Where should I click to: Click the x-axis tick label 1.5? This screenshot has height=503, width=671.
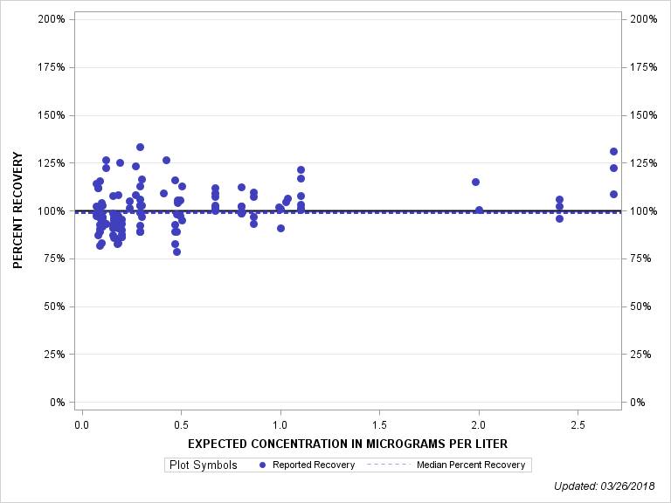[x=379, y=425]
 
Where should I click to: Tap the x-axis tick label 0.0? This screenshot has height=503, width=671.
[x=81, y=425]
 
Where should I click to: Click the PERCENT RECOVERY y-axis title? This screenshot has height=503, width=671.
[x=18, y=210]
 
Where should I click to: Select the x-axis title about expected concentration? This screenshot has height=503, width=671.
[x=348, y=444]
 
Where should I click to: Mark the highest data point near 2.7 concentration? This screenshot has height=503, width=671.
[x=613, y=151]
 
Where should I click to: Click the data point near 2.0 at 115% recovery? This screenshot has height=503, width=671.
[x=475, y=182]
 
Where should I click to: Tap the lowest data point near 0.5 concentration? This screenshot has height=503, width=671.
[x=176, y=251]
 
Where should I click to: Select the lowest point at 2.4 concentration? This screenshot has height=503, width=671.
[x=559, y=218]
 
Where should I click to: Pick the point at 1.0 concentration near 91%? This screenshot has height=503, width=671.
[x=280, y=228]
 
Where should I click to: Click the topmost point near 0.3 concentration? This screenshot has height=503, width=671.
[x=140, y=147]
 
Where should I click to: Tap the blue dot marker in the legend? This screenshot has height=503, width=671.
[x=264, y=465]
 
